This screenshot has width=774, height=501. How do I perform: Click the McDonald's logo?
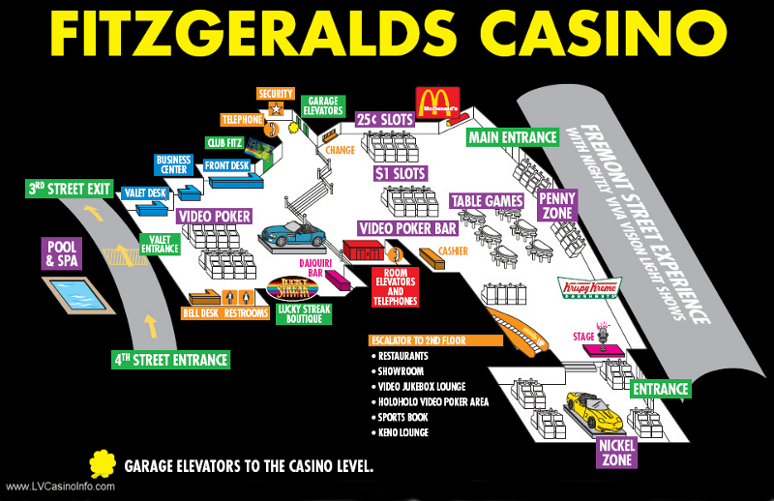pos(436,103)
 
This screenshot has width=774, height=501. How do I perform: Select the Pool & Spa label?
pos(62,253)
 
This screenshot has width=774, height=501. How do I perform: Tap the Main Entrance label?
pos(513,137)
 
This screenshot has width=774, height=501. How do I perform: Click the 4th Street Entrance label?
pos(171,360)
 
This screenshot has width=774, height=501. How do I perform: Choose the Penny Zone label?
pos(558,205)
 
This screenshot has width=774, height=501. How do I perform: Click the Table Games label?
pos(487,201)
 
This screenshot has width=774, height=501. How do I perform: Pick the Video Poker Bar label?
pos(407,227)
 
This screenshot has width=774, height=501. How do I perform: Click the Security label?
pos(274,94)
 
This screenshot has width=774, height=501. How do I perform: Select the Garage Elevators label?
pos(322,105)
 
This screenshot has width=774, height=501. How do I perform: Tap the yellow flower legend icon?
pos(103,465)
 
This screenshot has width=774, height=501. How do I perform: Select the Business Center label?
pos(173,164)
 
